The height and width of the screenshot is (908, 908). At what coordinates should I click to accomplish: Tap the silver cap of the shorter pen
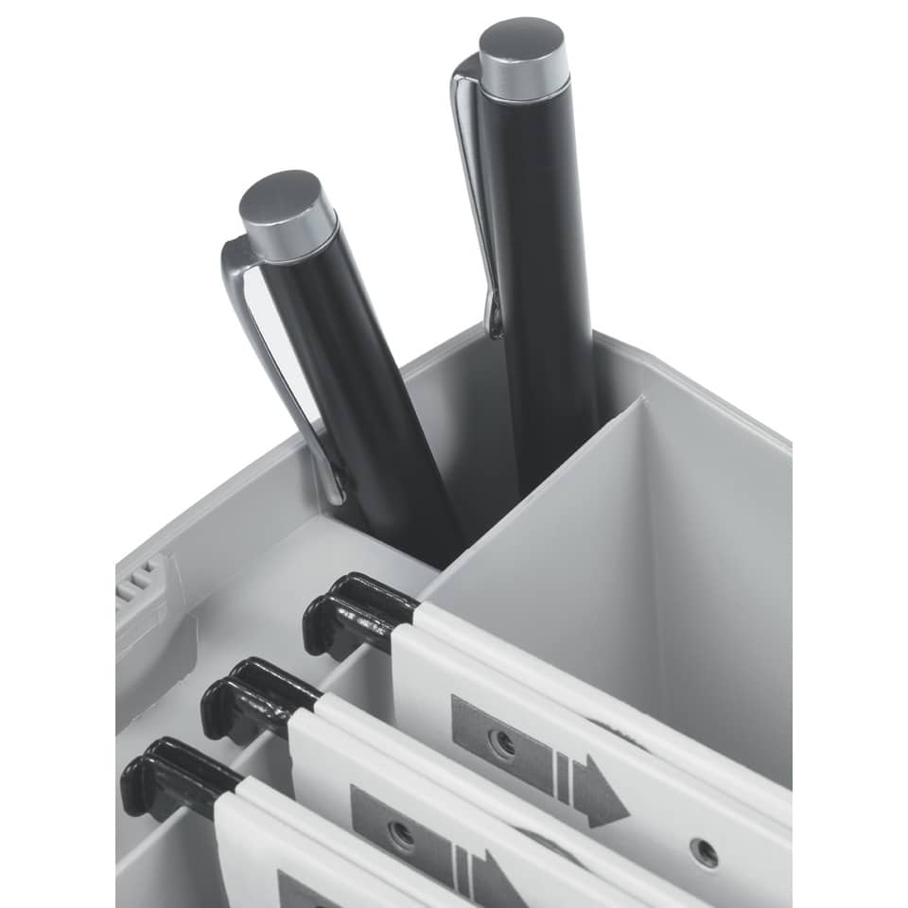[x=288, y=216]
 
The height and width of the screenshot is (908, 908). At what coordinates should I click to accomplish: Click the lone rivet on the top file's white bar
[x=705, y=852]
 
